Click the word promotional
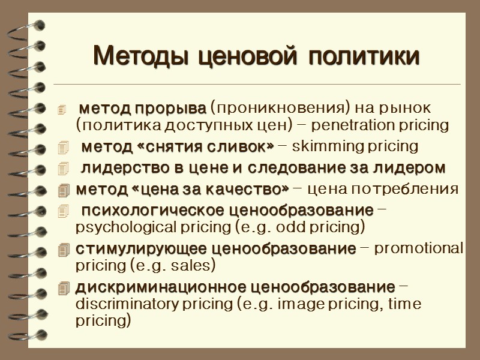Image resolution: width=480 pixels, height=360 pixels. pos(419,249)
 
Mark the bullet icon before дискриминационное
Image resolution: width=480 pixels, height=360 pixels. pos(65,289)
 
